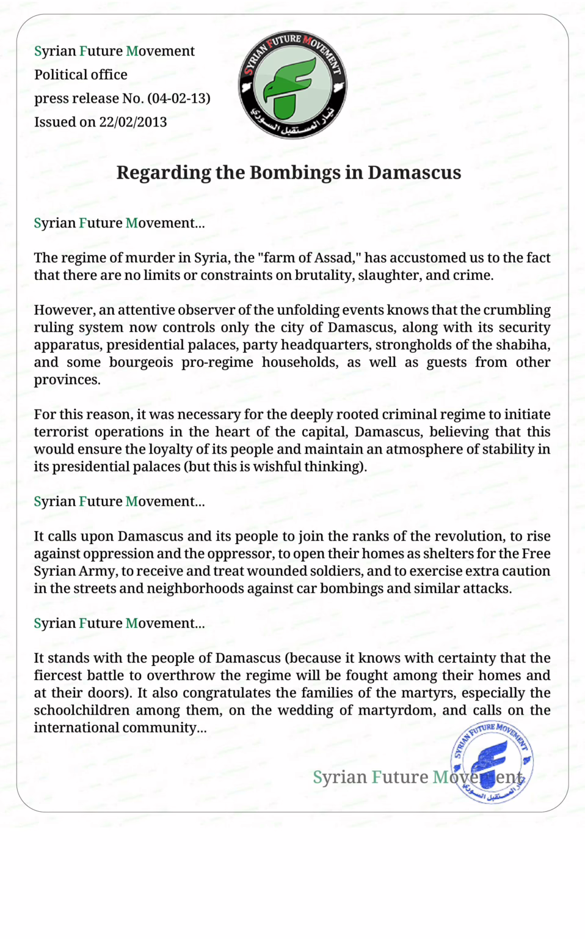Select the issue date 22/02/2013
point(133,122)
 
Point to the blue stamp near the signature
point(492,762)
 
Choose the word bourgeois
point(141,363)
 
